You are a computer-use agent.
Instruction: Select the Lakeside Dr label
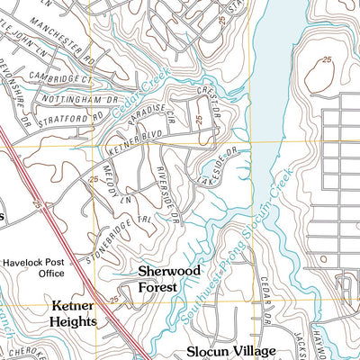click(219, 162)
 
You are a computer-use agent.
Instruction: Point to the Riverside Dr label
click(169, 196)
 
